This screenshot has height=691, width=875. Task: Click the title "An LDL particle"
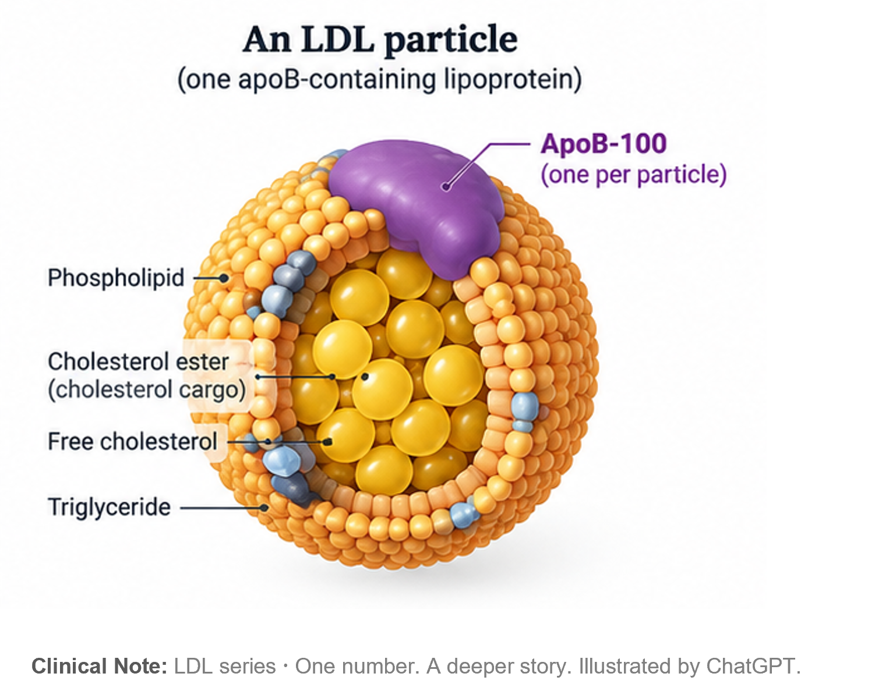click(x=380, y=40)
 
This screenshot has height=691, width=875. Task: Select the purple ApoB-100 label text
click(x=604, y=143)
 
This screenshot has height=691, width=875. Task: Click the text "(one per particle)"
click(x=633, y=175)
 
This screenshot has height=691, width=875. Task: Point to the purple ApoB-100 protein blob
click(x=419, y=203)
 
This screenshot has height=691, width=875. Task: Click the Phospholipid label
click(x=117, y=278)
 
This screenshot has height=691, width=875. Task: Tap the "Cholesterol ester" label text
click(x=138, y=362)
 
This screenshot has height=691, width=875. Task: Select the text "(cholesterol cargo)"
click(x=147, y=390)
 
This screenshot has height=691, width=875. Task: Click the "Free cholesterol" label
click(x=133, y=441)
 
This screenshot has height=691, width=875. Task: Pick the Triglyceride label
click(x=110, y=508)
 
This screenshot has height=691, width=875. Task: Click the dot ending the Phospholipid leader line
click(x=224, y=278)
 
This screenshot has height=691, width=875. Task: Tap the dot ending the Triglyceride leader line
click(x=264, y=508)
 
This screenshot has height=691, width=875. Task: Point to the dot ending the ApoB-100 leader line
click(x=446, y=187)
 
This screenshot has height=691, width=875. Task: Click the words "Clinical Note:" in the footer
click(x=99, y=667)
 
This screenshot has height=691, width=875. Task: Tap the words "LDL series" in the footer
click(x=225, y=667)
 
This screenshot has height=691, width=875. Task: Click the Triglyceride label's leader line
click(x=221, y=508)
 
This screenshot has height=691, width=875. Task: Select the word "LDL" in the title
click(x=337, y=40)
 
